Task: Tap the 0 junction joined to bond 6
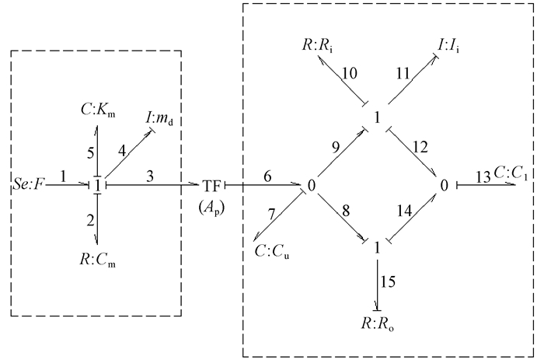point(311,187)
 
